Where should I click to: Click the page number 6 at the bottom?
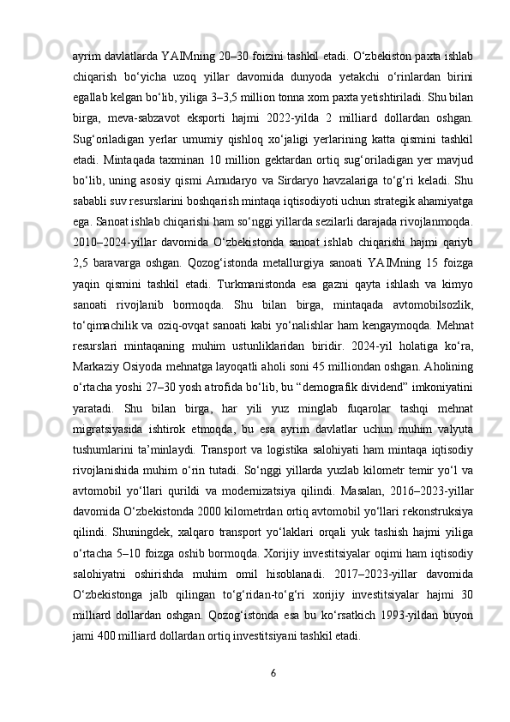pyautogui.click(x=273, y=672)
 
